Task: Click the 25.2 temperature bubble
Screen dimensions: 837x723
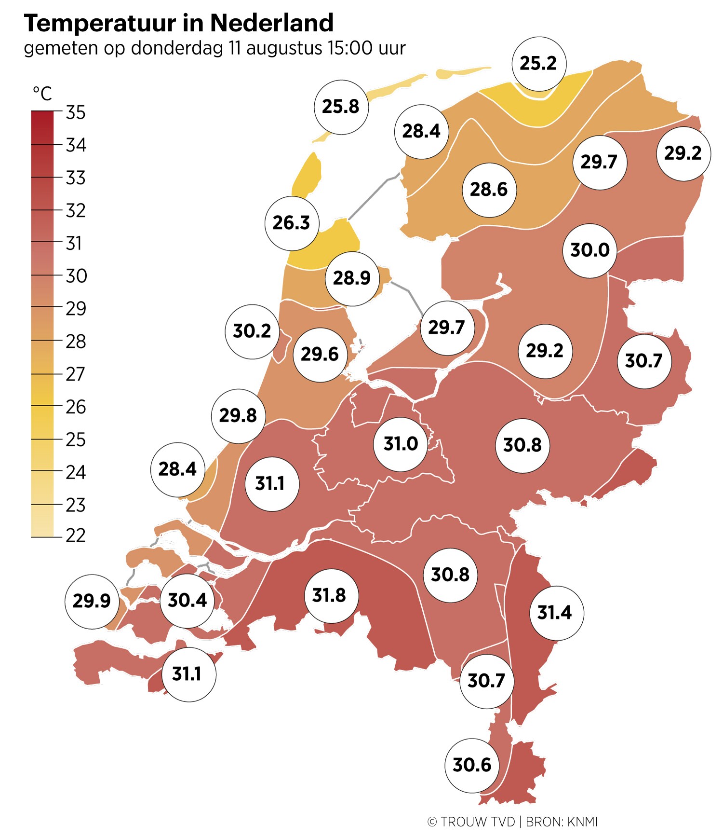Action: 538,63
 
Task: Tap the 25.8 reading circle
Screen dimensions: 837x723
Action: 341,107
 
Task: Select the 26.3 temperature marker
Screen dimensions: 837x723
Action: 292,223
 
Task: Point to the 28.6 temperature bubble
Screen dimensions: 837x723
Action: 489,190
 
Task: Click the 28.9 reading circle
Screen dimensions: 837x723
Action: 352,278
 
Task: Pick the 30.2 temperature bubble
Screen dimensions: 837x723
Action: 252,331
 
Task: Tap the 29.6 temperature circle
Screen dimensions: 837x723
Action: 320,354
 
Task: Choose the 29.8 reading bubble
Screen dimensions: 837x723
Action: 238,415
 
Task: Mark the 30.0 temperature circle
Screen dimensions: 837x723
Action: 589,250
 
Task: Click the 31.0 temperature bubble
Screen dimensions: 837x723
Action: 401,444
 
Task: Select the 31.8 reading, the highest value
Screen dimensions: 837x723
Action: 332,595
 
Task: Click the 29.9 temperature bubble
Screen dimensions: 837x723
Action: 92,601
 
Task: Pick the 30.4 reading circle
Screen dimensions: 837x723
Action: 187,601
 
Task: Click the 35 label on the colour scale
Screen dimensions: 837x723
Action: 76,113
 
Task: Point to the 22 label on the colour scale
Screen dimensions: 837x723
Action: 76,535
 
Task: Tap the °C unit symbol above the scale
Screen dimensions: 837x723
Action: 42,93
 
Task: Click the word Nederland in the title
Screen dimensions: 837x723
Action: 272,23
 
